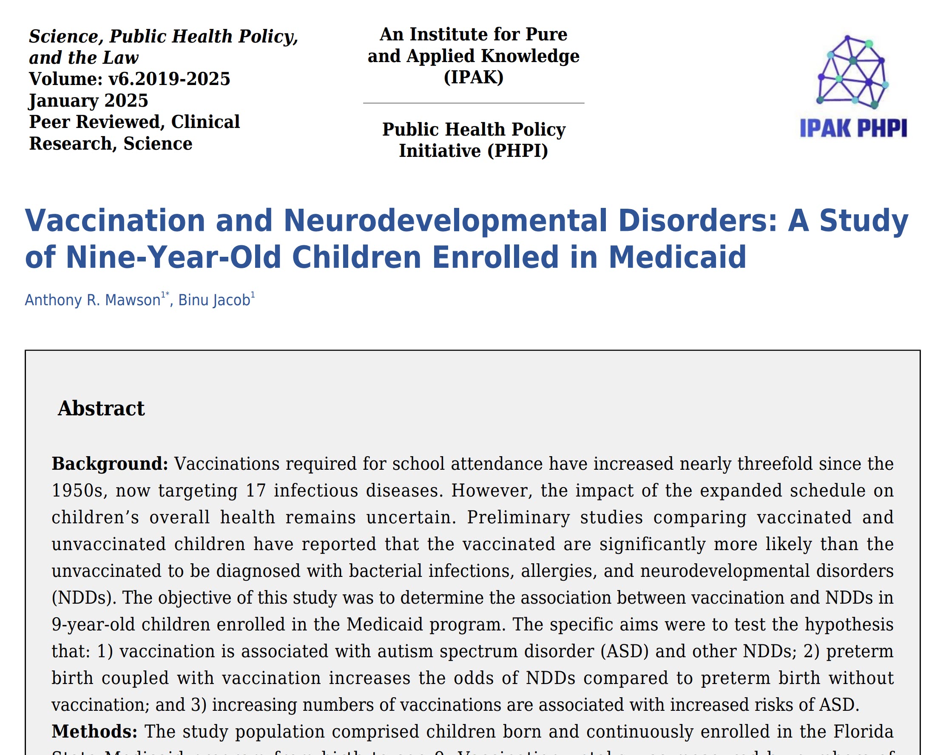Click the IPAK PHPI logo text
coord(853,128)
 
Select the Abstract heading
coord(101,409)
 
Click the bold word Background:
coord(110,464)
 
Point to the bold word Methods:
coord(94,731)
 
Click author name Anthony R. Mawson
coord(93,300)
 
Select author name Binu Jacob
coord(214,300)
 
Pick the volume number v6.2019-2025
coord(169,79)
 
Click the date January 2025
coord(88,100)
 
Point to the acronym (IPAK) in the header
coord(474,77)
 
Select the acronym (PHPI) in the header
coord(517,151)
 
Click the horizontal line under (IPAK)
coord(474,103)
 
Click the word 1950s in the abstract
coord(77,491)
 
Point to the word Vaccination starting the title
coord(115,220)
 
